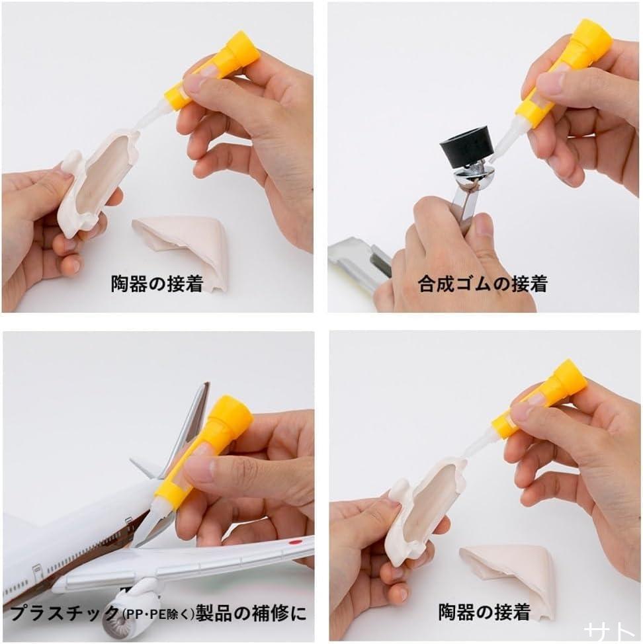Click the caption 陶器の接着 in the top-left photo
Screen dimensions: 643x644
coord(157,284)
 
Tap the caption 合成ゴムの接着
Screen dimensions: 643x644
coord(483,284)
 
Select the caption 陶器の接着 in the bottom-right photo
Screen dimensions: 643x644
coord(484,612)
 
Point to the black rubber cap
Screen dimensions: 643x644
coord(463,147)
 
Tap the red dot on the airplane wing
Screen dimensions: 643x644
coord(294,542)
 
